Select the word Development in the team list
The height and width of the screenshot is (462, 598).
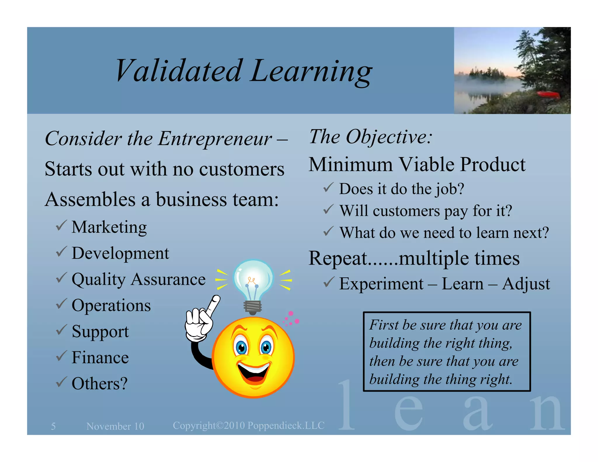click(120, 253)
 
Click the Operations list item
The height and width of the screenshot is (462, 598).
click(111, 305)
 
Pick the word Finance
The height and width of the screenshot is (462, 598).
click(100, 357)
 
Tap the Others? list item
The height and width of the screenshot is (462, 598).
click(100, 383)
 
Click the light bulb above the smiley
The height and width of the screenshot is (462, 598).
click(253, 280)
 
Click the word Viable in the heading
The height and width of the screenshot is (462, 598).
click(426, 164)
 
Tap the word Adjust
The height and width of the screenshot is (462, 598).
click(526, 284)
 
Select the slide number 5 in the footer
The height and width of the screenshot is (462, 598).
click(53, 426)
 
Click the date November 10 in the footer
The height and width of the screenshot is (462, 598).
click(115, 426)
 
